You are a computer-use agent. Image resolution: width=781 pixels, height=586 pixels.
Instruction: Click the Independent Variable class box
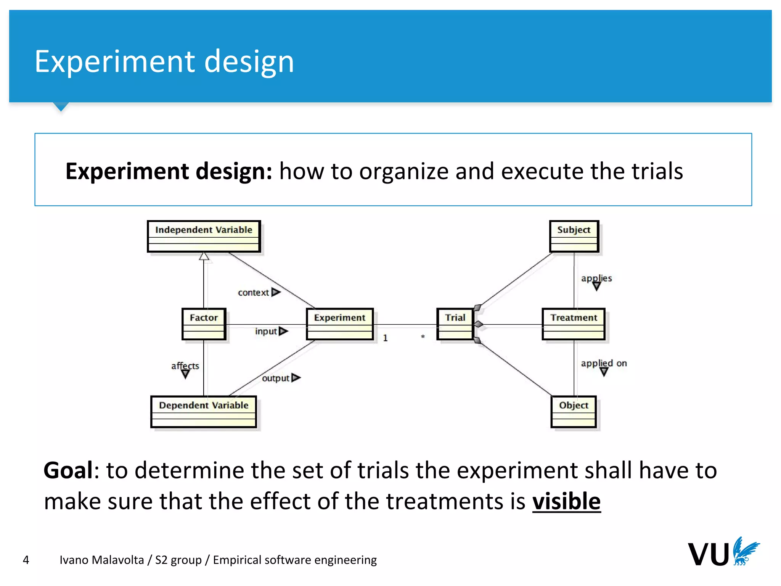[x=204, y=236]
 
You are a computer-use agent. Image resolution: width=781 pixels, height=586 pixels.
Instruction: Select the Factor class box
[x=204, y=324]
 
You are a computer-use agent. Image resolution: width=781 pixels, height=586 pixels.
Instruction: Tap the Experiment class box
[x=339, y=324]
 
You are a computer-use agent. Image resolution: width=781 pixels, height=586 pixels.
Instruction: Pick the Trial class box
[x=455, y=324]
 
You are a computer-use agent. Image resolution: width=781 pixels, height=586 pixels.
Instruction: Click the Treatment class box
[x=574, y=324]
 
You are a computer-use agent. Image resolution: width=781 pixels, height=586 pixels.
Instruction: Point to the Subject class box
[x=574, y=236]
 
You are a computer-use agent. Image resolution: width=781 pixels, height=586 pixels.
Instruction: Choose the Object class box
[x=574, y=412]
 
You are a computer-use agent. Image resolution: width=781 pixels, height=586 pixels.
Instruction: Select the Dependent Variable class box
[x=204, y=412]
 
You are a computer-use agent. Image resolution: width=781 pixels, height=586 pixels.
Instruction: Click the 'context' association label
[x=254, y=293]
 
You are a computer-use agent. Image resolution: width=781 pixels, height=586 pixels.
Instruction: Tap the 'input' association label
[x=266, y=331]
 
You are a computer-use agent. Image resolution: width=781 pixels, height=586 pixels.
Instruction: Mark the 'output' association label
[x=276, y=378]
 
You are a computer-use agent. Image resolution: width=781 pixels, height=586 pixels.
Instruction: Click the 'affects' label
[x=185, y=365]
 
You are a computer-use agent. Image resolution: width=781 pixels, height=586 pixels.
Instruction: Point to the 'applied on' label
[x=604, y=363]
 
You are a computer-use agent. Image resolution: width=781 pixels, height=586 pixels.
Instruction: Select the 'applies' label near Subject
[x=596, y=278]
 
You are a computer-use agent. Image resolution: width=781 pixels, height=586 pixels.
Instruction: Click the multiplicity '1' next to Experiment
[x=385, y=338]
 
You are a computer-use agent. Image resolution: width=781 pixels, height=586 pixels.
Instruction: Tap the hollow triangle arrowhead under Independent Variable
[x=204, y=256]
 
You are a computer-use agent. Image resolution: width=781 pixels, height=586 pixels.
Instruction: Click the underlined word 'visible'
[x=566, y=501]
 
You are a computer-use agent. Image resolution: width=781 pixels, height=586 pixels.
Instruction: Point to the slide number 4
[x=26, y=560]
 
